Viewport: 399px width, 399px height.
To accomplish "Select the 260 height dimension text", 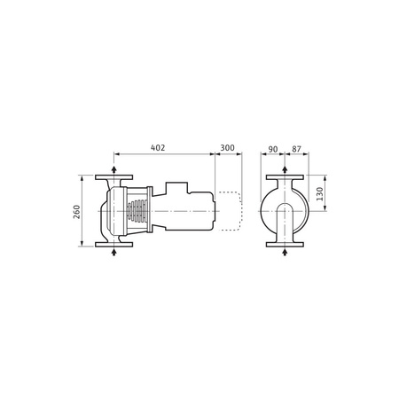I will pos(77,212).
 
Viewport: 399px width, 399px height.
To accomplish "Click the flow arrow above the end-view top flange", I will pos(283,168).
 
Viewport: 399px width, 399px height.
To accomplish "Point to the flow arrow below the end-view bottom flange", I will pos(283,254).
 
